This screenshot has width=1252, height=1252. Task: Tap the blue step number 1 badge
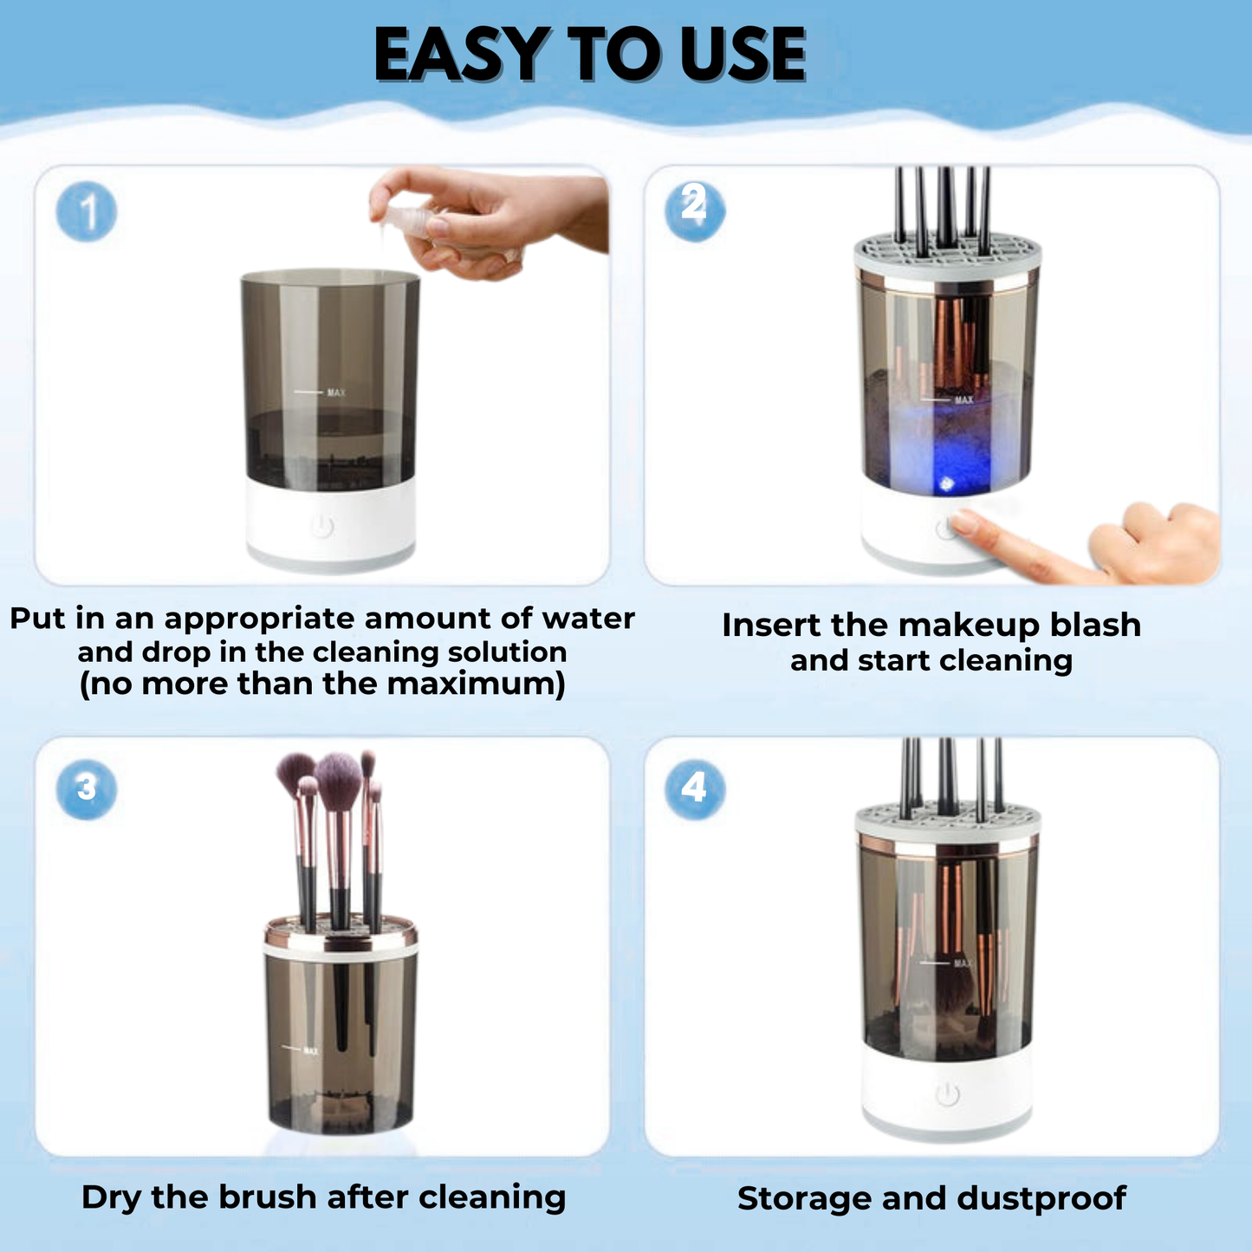pyautogui.click(x=87, y=212)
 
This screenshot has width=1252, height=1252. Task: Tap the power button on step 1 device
pyautogui.click(x=322, y=526)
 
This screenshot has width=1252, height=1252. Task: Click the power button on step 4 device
pyautogui.click(x=947, y=1095)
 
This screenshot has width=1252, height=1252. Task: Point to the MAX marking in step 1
pyautogui.click(x=335, y=392)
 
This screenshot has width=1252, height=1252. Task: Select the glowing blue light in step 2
pyautogui.click(x=946, y=482)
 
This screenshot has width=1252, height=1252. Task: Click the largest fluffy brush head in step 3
pyautogui.click(x=338, y=777)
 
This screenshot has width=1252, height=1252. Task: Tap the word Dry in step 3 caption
pyautogui.click(x=113, y=1197)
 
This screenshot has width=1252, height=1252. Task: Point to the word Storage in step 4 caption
pyautogui.click(x=804, y=1198)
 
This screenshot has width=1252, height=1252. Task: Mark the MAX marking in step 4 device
pyautogui.click(x=962, y=963)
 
